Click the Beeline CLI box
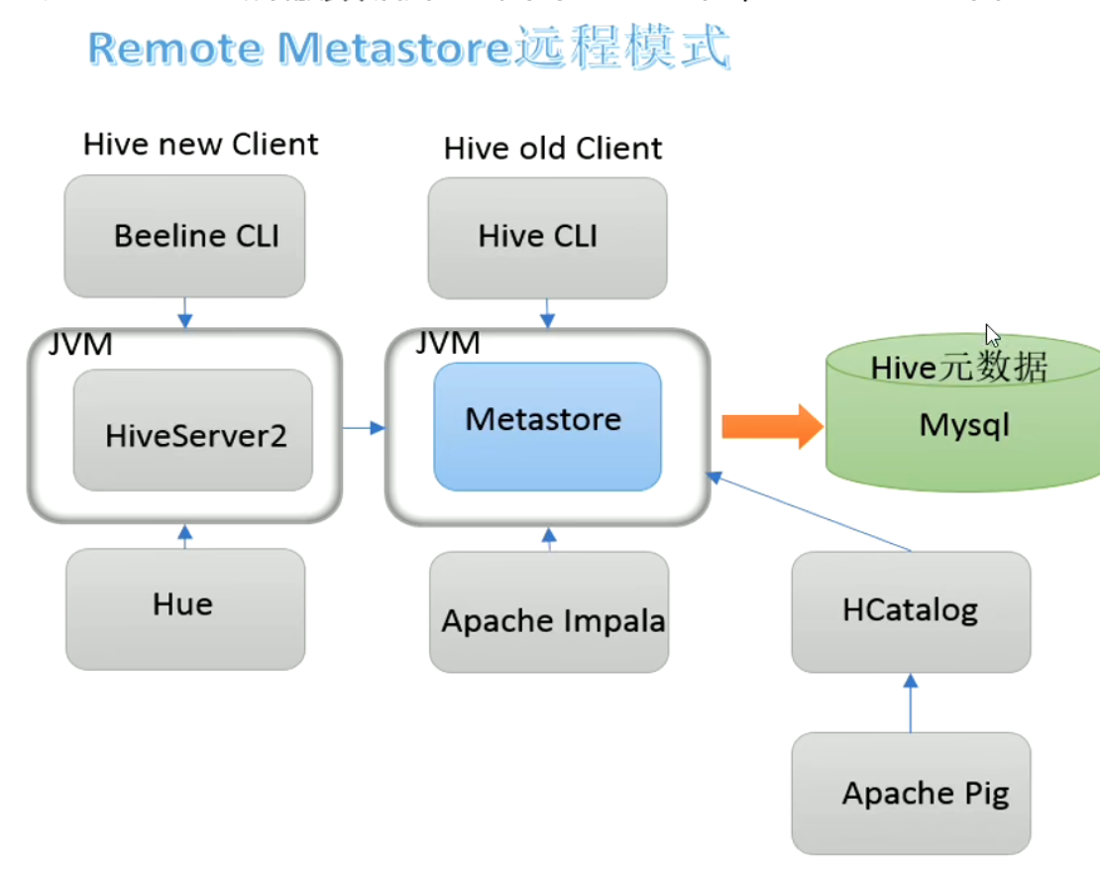tap(184, 236)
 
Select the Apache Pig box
tap(911, 793)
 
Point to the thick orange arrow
tap(771, 427)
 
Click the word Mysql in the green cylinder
tap(964, 426)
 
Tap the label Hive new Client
tap(200, 145)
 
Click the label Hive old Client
tap(552, 149)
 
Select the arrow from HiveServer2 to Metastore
tap(364, 428)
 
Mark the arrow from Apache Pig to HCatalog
tap(911, 703)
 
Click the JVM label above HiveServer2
tap(80, 345)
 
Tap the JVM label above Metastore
tap(447, 343)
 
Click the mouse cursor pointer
tap(992, 335)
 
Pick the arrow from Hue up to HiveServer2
tap(184, 536)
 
